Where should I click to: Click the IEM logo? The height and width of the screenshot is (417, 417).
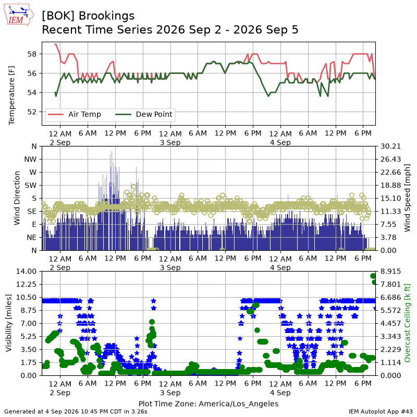pyautogui.click(x=19, y=15)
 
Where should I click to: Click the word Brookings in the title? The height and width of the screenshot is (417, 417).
pyautogui.click(x=107, y=16)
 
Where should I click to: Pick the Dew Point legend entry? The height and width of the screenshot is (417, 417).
pyautogui.click(x=144, y=114)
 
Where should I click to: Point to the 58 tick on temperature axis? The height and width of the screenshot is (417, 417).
pyautogui.click(x=32, y=54)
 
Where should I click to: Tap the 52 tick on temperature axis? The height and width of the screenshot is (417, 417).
pyautogui.click(x=32, y=112)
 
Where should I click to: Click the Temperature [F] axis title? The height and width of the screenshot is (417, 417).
pyautogui.click(x=11, y=95)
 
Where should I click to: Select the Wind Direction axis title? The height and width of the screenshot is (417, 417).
pyautogui.click(x=17, y=198)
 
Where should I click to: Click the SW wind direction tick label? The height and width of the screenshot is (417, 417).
pyautogui.click(x=31, y=186)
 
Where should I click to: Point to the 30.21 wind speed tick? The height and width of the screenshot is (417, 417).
pyautogui.click(x=390, y=146)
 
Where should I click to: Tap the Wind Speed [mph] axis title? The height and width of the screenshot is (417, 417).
pyautogui.click(x=407, y=198)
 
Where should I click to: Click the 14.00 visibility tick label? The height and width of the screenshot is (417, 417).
pyautogui.click(x=27, y=272)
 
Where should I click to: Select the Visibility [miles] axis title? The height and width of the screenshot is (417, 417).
pyautogui.click(x=8, y=323)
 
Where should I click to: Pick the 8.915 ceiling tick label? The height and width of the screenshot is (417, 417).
pyautogui.click(x=390, y=272)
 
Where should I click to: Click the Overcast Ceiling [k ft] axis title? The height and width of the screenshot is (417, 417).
pyautogui.click(x=407, y=323)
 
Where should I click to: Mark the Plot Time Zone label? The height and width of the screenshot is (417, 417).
pyautogui.click(x=208, y=403)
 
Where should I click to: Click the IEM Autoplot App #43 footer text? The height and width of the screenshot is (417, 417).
pyautogui.click(x=381, y=412)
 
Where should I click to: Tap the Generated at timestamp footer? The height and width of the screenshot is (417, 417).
pyautogui.click(x=76, y=412)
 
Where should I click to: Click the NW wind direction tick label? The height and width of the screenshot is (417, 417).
pyautogui.click(x=30, y=160)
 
